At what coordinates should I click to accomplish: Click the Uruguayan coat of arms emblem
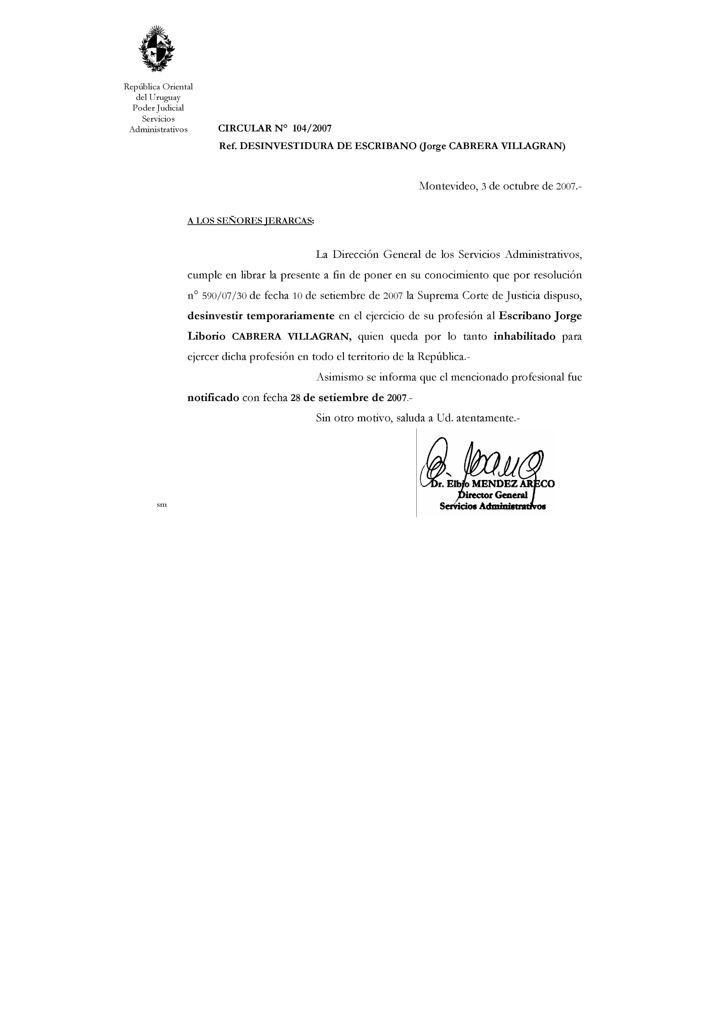tap(157, 49)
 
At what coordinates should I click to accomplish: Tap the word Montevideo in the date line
tap(446, 186)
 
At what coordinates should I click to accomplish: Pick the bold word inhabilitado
tap(524, 336)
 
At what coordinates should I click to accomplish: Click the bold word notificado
tap(213, 398)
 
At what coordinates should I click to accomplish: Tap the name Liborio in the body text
tap(206, 336)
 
